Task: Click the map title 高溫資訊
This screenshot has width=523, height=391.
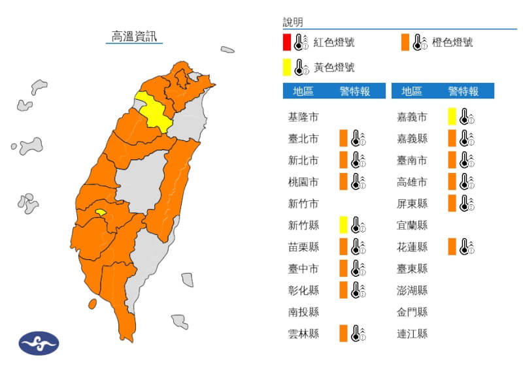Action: point(135,37)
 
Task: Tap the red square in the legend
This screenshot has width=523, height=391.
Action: point(287,42)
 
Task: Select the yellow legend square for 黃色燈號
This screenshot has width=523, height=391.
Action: point(287,67)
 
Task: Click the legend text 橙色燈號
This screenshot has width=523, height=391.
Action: point(452,42)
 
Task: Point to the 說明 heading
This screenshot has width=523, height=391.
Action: point(293,23)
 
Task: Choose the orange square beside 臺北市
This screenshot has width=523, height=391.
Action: point(343,138)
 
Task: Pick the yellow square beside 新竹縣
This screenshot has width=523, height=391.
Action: point(343,225)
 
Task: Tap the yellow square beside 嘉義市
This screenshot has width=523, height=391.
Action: point(452,117)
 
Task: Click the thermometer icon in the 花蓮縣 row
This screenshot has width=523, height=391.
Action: point(466,247)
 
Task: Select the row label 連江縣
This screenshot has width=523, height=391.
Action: point(412,334)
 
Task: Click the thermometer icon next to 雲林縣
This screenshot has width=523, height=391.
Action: point(358,334)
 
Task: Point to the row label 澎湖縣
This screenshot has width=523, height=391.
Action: point(412,290)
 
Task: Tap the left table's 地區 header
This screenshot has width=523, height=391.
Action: point(303,91)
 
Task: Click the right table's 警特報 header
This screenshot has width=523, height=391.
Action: point(463,91)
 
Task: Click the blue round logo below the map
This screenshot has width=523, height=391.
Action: point(39,343)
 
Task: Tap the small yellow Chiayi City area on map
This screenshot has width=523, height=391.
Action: point(100,212)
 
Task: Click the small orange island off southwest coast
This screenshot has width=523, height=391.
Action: point(92,303)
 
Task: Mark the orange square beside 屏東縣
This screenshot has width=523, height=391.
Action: point(452,203)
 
